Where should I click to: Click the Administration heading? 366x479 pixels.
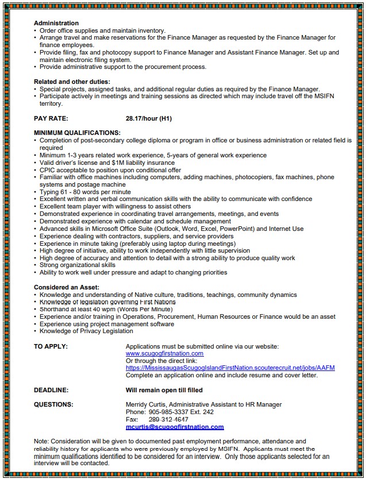pos(56,23)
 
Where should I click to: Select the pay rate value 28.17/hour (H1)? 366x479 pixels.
pos(149,119)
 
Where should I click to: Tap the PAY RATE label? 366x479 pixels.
pos(51,119)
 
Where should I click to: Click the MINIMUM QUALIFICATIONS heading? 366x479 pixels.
pos(77,133)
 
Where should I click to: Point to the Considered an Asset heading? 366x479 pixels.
pos(67,287)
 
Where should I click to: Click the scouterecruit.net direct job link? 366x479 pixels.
pos(230,368)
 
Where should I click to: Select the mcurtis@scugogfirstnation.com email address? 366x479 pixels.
pos(175,427)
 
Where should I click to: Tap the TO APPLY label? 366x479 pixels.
pos(51,346)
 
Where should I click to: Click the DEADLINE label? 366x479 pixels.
pos(51,390)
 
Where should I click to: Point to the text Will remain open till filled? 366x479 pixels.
pos(164,390)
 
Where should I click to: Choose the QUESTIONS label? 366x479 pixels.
pos(53,404)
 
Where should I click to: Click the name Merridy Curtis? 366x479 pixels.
pos(145,405)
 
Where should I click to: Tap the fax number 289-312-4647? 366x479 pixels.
pos(164,419)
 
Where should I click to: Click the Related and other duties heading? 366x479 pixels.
pos(72,82)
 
